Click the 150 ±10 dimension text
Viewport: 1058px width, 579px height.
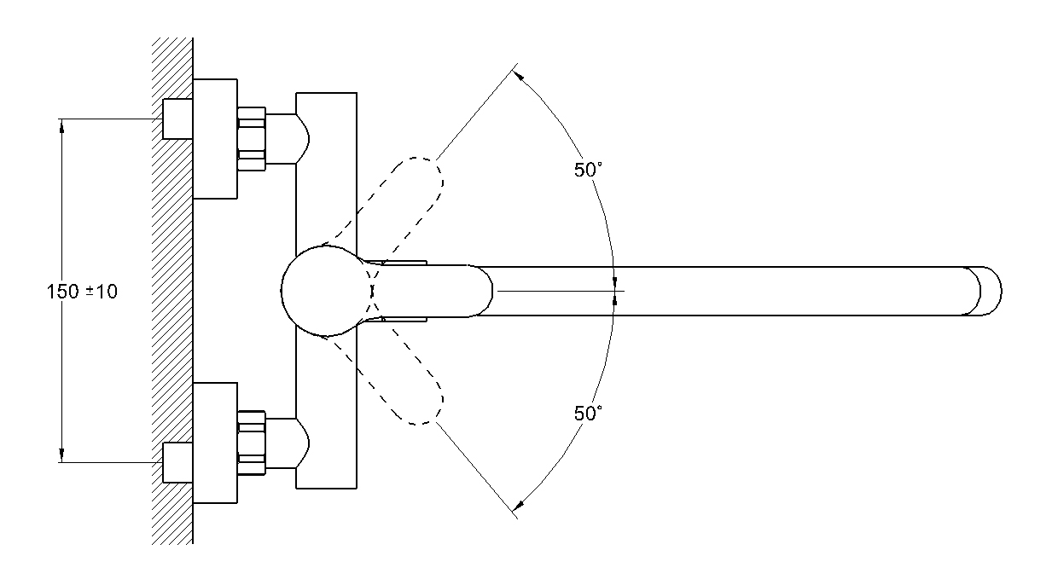[x=82, y=292]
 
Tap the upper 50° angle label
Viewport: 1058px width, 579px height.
[x=588, y=170]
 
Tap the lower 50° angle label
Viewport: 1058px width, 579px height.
[x=588, y=414]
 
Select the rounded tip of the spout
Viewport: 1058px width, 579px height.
[x=990, y=291]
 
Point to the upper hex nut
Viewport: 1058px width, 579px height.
[x=252, y=138]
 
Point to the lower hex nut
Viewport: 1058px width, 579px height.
[x=252, y=442]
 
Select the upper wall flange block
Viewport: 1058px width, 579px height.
[x=215, y=138]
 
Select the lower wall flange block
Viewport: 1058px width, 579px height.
[x=215, y=442]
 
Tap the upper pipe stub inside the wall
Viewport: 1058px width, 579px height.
[x=177, y=119]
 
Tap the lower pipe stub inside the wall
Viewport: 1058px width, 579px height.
[x=177, y=463]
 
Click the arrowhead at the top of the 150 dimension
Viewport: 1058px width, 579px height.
[x=61, y=125]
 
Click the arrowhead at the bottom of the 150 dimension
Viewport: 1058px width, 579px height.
[x=61, y=456]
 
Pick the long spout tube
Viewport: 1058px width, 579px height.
[x=725, y=291]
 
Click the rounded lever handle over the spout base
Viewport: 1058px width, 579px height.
[x=435, y=291]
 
